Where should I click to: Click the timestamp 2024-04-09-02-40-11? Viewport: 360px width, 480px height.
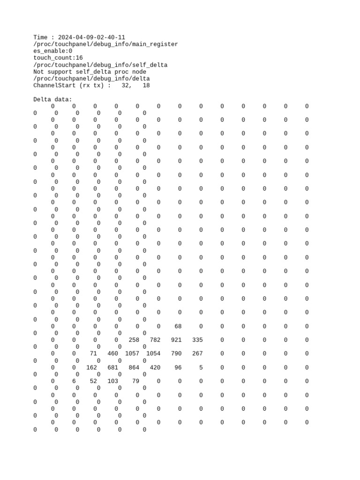tap(91, 37)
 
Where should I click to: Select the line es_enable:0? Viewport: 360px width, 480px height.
tap(53, 51)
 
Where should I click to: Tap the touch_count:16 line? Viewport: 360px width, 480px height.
tap(58, 58)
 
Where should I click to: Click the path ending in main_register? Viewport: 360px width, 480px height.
tap(105, 44)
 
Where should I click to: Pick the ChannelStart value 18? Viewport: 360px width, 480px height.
tap(146, 86)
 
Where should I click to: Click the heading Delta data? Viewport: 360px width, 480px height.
tap(53, 99)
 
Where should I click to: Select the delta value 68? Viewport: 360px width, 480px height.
tap(178, 326)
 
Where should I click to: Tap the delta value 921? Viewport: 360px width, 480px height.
tap(176, 340)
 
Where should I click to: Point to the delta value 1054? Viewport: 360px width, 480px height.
tap(153, 353)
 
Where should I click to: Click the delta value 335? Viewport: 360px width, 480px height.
tap(197, 340)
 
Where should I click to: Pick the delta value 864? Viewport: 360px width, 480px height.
tap(134, 367)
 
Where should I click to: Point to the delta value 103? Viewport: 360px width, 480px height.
tap(112, 381)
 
